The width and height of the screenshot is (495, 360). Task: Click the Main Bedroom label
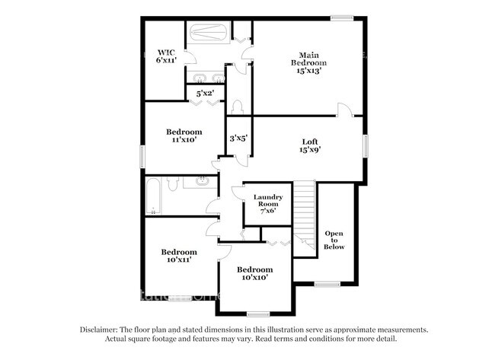click(308, 62)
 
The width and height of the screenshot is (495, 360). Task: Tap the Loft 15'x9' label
click(309, 145)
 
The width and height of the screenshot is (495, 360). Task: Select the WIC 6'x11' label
click(167, 56)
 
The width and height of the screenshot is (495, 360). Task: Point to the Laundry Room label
click(267, 205)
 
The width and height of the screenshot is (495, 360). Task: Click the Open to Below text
click(334, 240)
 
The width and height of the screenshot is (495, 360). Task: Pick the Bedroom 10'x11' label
click(178, 256)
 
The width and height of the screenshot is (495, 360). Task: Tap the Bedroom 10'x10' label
click(254, 274)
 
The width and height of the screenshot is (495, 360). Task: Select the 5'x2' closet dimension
click(205, 94)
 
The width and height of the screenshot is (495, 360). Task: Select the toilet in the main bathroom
click(238, 107)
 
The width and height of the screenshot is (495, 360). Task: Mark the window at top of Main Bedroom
click(342, 17)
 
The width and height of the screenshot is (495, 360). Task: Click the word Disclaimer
click(102, 330)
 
